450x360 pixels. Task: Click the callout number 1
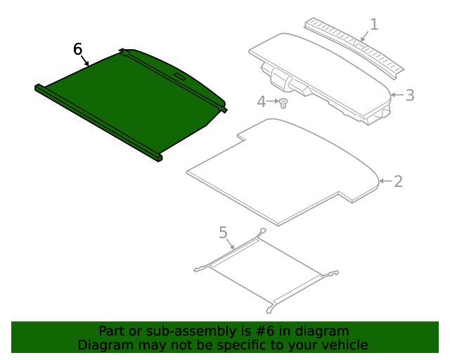click(x=374, y=25)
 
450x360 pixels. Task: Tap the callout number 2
click(x=398, y=181)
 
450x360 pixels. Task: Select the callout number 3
click(x=410, y=94)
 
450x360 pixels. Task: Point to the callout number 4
click(x=262, y=102)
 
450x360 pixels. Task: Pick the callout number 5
click(x=223, y=232)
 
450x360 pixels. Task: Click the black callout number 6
click(x=78, y=49)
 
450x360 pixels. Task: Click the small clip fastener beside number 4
click(x=283, y=104)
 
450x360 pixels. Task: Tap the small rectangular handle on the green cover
click(x=178, y=74)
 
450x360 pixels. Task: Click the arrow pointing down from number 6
click(x=86, y=62)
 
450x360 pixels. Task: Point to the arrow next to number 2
click(x=385, y=181)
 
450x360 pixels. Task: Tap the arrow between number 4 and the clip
click(x=274, y=102)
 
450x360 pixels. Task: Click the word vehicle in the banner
click(x=345, y=345)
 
